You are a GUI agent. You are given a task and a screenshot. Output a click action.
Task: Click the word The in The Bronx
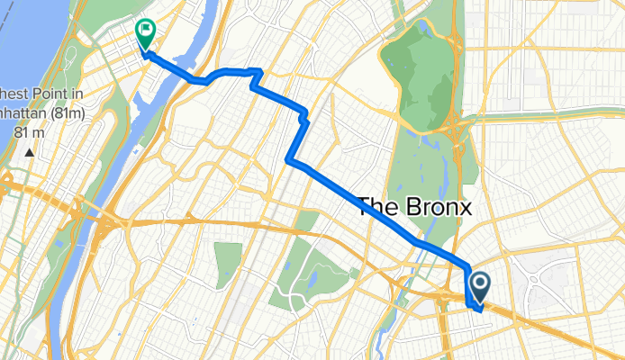point(378,206)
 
